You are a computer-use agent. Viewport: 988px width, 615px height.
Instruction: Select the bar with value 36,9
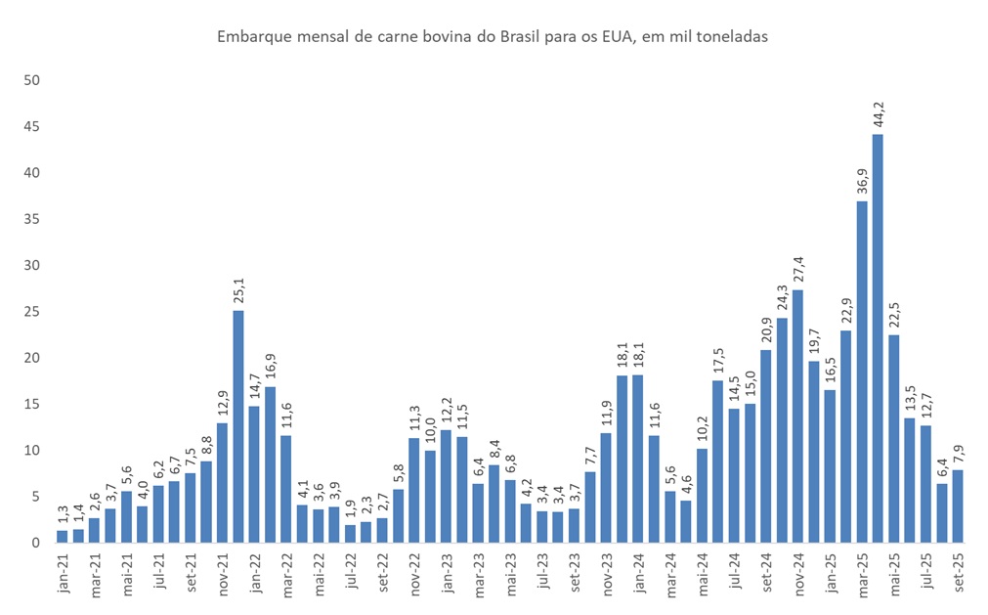tap(862, 372)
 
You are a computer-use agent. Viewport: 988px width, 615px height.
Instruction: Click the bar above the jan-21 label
tap(63, 536)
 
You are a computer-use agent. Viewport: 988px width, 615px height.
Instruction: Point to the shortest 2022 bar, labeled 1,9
tap(350, 533)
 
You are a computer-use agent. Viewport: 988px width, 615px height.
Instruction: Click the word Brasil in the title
tap(522, 37)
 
